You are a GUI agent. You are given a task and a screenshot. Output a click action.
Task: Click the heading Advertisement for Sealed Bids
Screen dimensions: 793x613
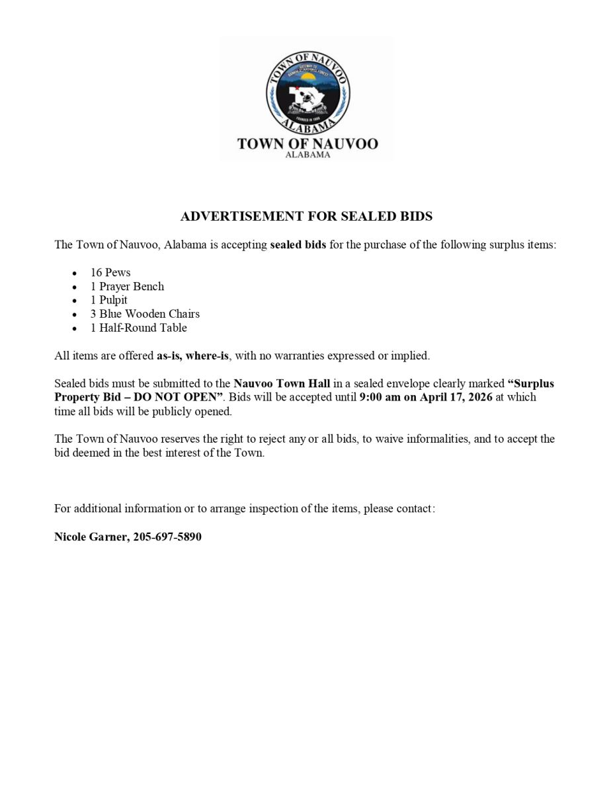306,216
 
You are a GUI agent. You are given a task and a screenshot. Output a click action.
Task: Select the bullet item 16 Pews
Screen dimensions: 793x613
110,272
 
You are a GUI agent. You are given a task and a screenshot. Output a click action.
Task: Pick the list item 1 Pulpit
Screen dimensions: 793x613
109,300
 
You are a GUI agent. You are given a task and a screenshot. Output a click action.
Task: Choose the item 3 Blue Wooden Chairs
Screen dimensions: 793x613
145,314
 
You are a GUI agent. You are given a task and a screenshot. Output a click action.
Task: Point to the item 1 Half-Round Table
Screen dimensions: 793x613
139,328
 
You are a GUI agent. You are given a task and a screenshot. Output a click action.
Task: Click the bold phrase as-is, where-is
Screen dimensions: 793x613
192,356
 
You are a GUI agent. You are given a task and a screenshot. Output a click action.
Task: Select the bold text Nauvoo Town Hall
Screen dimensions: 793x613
282,383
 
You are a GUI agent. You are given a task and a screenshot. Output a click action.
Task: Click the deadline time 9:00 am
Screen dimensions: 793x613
379,397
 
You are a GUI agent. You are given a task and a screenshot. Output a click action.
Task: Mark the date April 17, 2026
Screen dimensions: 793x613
456,397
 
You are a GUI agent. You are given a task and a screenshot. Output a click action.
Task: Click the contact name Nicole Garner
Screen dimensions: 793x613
91,537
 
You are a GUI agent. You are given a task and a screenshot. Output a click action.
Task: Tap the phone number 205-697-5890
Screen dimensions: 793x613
167,537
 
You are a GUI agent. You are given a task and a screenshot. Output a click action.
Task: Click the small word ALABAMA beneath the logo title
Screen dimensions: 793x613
307,155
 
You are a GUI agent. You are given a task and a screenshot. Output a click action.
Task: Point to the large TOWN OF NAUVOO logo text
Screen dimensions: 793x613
307,143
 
